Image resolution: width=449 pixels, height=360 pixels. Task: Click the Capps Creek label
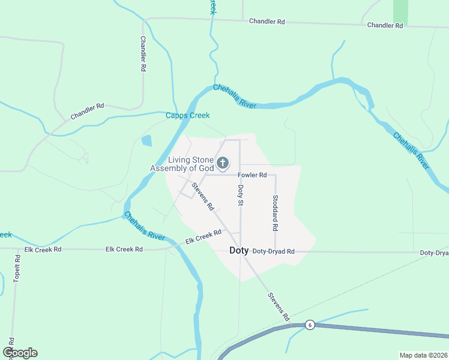pos(187,115)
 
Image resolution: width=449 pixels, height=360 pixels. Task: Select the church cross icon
pos(223,163)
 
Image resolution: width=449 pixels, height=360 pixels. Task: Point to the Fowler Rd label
pos(252,175)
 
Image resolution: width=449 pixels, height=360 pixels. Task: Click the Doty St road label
pos(241,195)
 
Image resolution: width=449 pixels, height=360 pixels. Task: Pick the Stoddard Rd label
pos(275,213)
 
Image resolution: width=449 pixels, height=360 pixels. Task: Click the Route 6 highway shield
pos(310,325)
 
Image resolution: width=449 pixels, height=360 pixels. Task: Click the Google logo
pos(20,353)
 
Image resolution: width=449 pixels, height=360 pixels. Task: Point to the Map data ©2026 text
pos(423,355)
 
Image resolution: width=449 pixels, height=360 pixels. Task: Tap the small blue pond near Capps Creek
pos(146,142)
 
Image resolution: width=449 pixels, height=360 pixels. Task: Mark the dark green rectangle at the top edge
pos(400,12)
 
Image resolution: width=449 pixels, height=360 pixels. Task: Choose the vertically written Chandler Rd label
pos(143,54)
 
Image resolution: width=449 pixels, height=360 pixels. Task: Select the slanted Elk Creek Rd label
pos(199,237)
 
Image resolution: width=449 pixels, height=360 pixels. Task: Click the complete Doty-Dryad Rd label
pos(274,251)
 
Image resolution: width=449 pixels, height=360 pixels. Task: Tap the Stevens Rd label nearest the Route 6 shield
pos(279,306)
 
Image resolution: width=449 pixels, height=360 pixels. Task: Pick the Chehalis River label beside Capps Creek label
pos(235,95)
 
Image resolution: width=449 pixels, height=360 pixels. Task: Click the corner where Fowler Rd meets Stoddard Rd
pos(276,175)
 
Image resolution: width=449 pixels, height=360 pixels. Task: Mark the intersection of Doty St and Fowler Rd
pos(240,175)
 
